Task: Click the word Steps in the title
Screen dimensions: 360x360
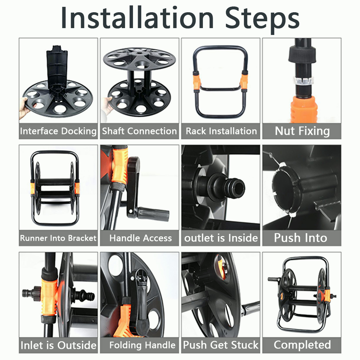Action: pyautogui.click(x=262, y=19)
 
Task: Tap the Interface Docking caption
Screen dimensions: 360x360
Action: pyautogui.click(x=58, y=131)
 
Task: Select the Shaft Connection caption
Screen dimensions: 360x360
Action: pyautogui.click(x=139, y=131)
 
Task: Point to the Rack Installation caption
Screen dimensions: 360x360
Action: pyautogui.click(x=221, y=131)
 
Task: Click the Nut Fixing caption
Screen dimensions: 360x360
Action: pyautogui.click(x=302, y=131)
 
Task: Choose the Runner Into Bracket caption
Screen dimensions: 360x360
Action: pyautogui.click(x=58, y=238)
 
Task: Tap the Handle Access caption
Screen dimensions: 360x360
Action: pyautogui.click(x=141, y=238)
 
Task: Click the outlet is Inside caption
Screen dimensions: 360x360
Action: pyautogui.click(x=221, y=238)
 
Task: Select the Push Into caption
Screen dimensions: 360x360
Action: pyautogui.click(x=301, y=237)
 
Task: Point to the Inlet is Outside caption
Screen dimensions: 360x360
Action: pyautogui.click(x=58, y=345)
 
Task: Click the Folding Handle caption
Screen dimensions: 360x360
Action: pyautogui.click(x=142, y=345)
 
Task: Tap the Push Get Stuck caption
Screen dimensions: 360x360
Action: pyautogui.click(x=221, y=345)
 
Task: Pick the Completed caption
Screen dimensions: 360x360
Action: pyautogui.click(x=302, y=345)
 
